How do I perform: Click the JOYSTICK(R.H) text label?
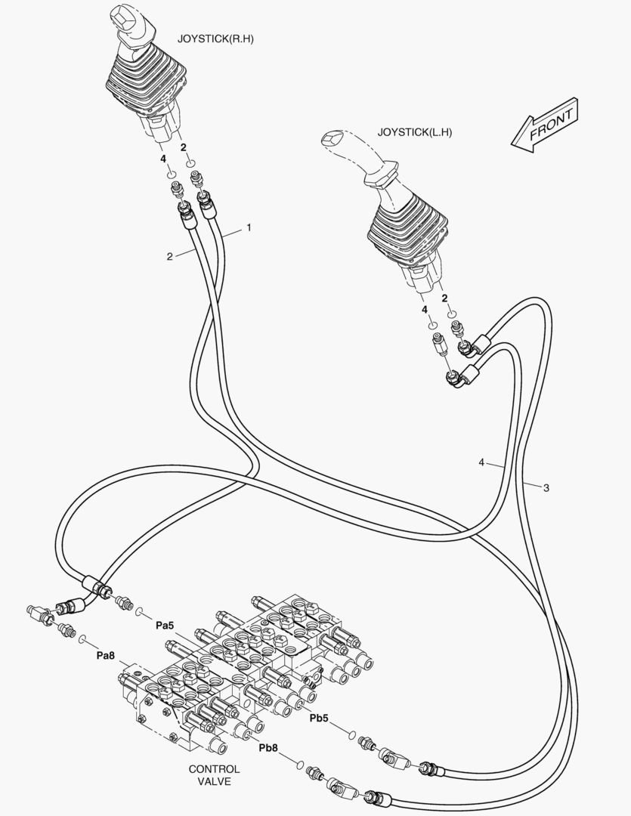[215, 39]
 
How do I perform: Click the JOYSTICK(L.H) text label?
[414, 132]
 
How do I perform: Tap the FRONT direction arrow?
[545, 125]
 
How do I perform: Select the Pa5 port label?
[165, 626]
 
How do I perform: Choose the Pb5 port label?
[319, 719]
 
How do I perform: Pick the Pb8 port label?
[268, 748]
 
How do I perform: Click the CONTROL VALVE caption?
[214, 775]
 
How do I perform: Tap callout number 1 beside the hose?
[249, 227]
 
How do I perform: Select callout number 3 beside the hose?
[546, 487]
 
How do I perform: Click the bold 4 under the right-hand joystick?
[163, 159]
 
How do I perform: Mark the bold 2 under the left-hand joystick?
[444, 298]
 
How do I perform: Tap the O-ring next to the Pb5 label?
[351, 735]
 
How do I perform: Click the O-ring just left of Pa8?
[83, 638]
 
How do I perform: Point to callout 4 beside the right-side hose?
[481, 462]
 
